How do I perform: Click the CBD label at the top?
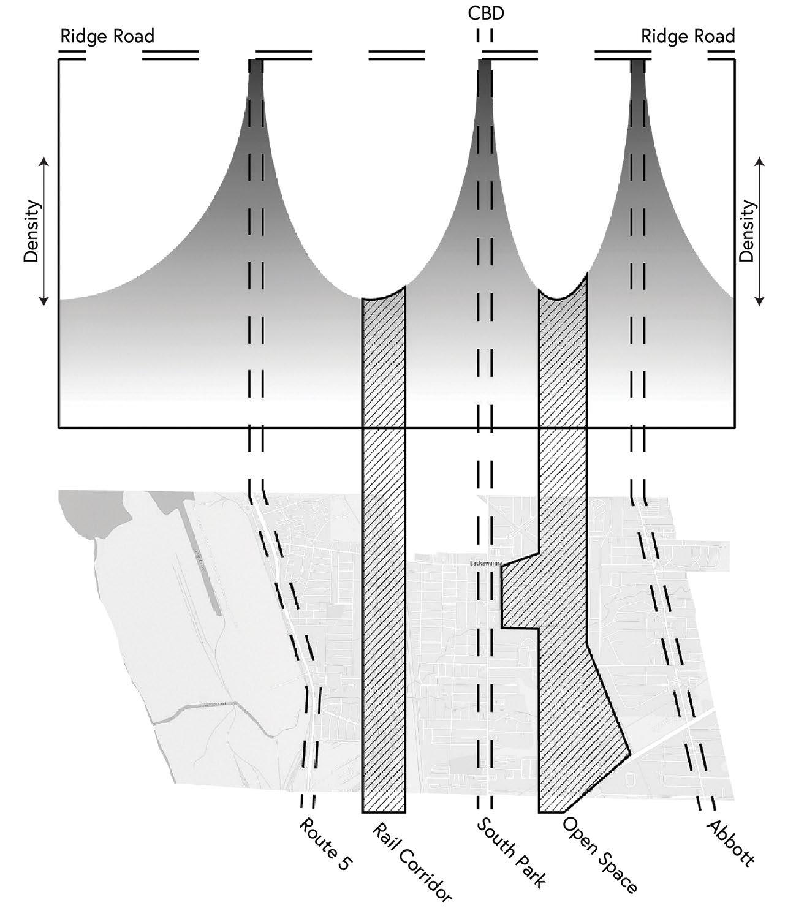tap(485, 13)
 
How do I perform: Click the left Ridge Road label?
tap(107, 37)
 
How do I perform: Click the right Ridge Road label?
tap(688, 37)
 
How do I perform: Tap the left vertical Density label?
tap(31, 231)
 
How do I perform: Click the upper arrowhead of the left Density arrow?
tap(45, 161)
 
